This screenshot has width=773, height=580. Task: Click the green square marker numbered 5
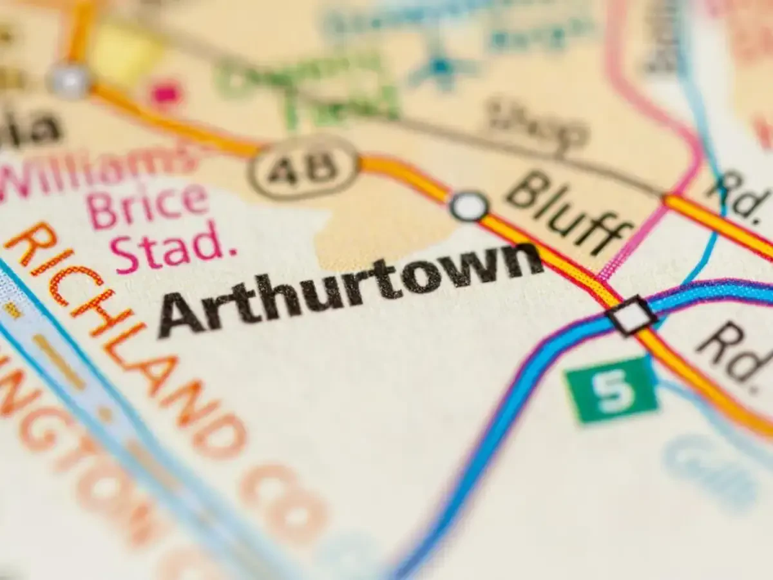[611, 389]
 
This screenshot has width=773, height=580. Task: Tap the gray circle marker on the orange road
[70, 81]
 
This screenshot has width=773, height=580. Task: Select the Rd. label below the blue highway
[734, 354]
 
